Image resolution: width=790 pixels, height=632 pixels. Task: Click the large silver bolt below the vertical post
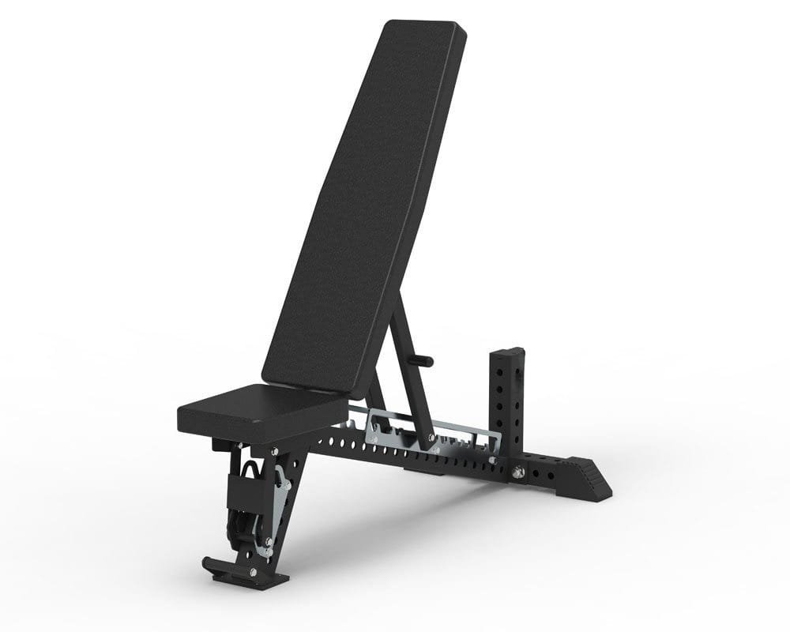point(519,472)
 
